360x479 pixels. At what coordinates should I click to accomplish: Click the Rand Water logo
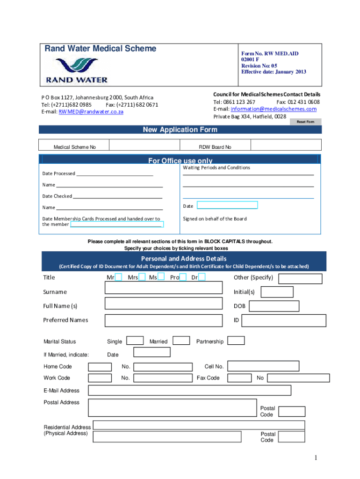click(77, 71)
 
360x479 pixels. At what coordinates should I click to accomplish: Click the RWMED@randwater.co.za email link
click(91, 112)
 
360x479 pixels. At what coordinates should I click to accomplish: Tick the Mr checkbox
click(118, 278)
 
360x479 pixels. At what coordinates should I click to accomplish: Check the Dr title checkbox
click(202, 278)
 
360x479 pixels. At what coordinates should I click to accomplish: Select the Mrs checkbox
click(142, 278)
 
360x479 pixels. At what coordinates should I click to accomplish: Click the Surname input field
click(164, 288)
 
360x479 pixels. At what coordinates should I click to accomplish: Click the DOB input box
click(274, 306)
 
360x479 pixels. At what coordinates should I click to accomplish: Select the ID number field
click(284, 320)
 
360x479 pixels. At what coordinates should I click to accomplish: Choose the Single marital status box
click(136, 341)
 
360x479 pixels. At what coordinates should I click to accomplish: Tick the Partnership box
click(236, 341)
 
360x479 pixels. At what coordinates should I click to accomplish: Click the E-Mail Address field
click(189, 390)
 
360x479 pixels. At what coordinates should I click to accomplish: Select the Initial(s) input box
click(277, 292)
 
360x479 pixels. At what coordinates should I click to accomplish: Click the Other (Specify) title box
click(301, 279)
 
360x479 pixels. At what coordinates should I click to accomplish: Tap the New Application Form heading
click(180, 130)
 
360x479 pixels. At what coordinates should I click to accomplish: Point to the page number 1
click(316, 458)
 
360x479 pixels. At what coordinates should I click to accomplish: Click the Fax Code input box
click(236, 377)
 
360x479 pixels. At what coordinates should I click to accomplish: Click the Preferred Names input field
click(164, 320)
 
